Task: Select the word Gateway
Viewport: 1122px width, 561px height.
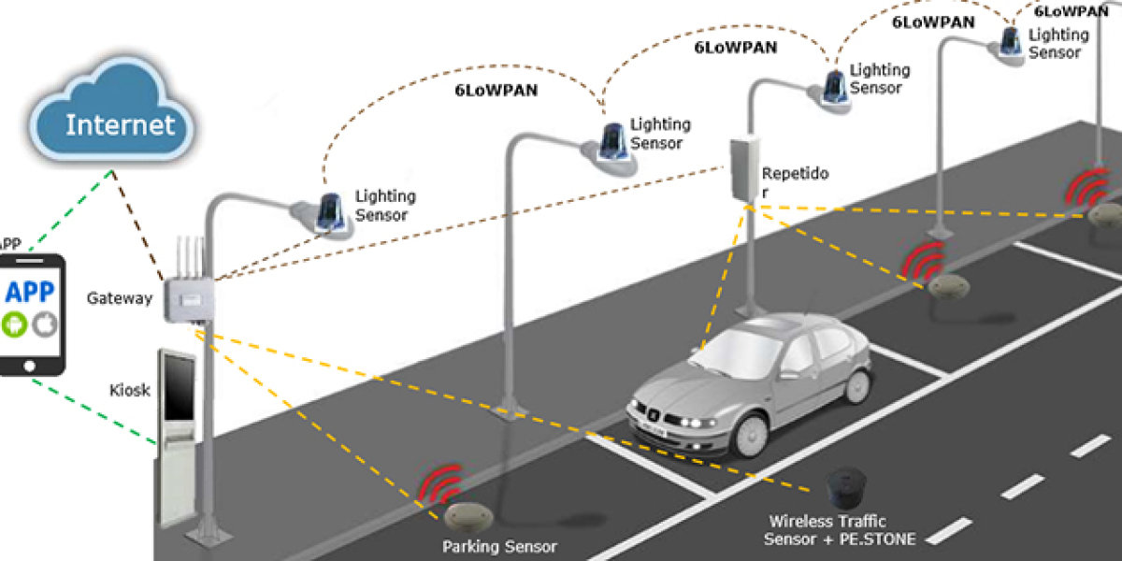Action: click(x=119, y=298)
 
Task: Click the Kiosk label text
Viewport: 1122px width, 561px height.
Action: click(x=128, y=388)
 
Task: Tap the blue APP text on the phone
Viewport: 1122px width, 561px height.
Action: click(x=29, y=291)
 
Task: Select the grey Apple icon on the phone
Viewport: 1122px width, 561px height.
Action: click(x=44, y=324)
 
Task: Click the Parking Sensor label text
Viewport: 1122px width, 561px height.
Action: click(x=499, y=546)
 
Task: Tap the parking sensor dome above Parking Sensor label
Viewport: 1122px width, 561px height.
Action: click(x=465, y=515)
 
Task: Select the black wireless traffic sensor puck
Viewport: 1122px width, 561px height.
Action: click(x=847, y=485)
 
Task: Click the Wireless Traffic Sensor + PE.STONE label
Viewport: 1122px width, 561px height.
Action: click(x=840, y=530)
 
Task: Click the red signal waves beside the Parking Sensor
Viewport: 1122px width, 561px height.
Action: click(x=440, y=484)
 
